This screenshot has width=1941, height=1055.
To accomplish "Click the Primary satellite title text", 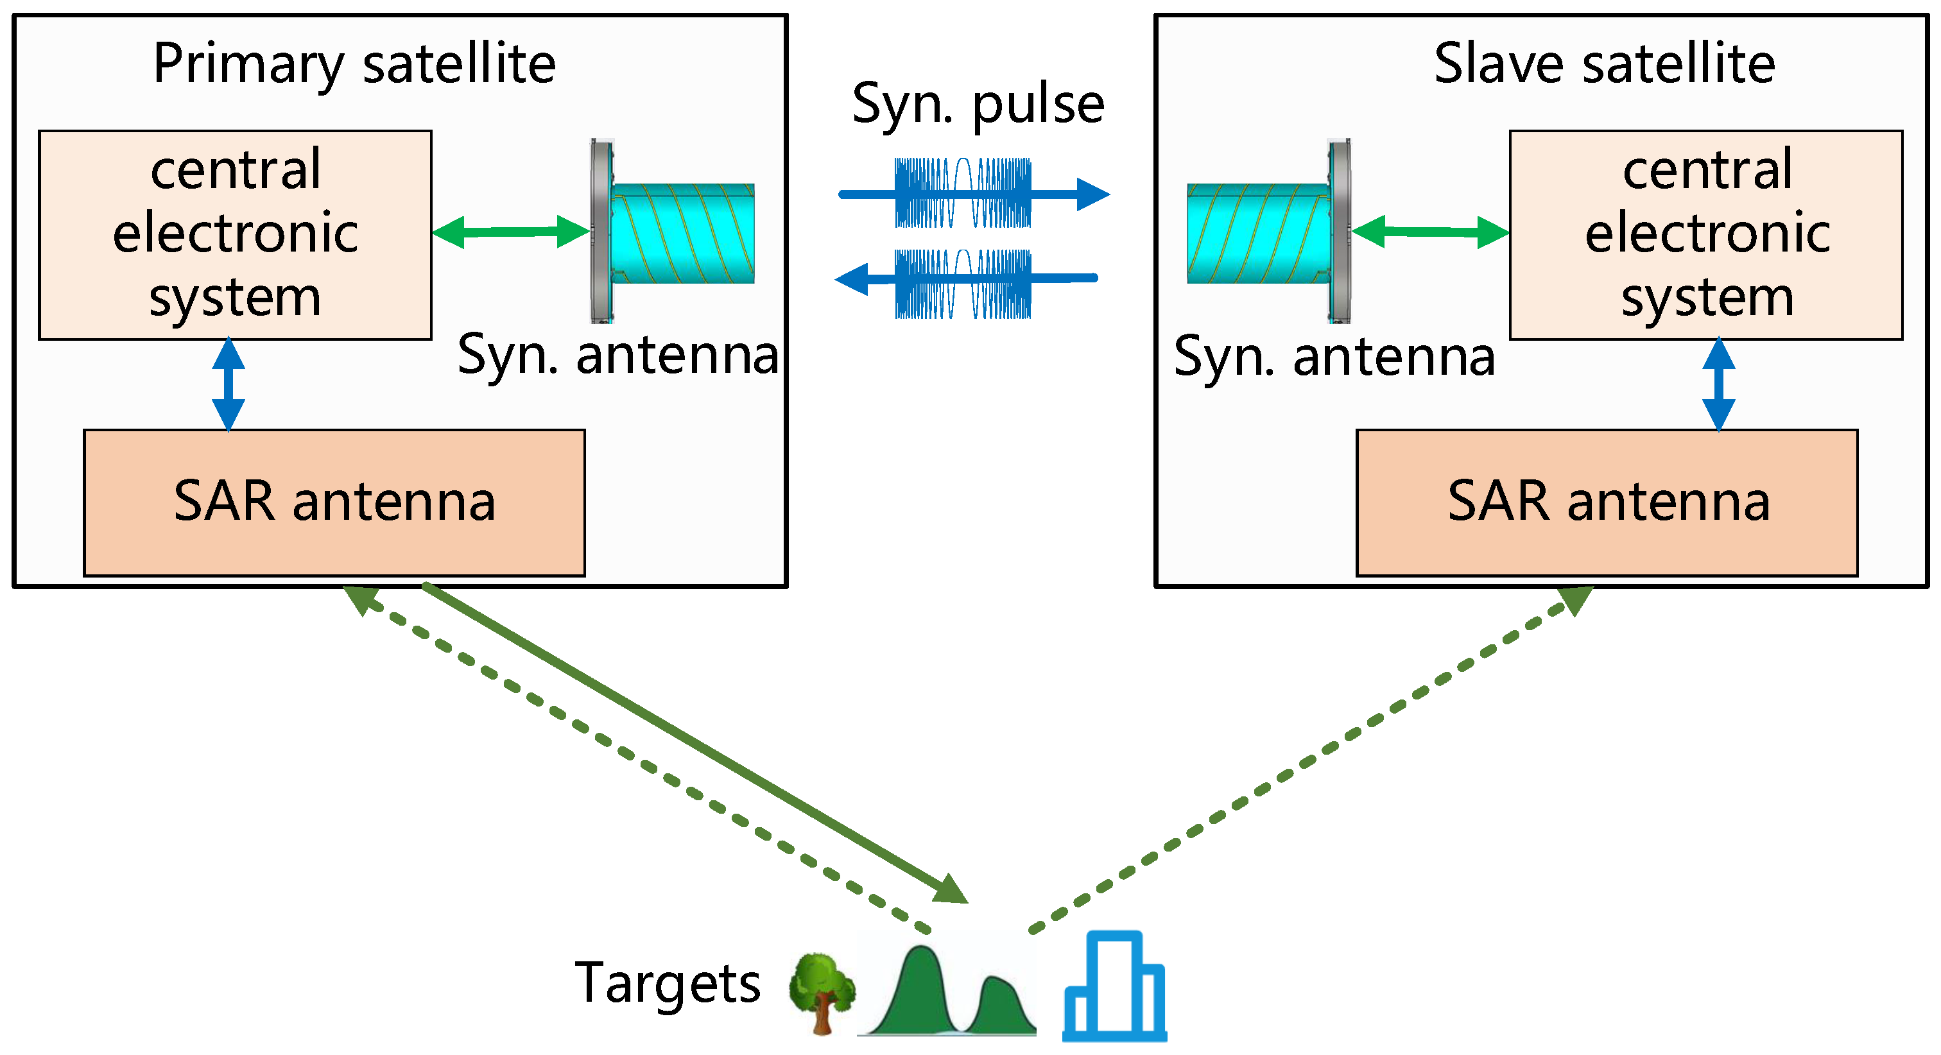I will point(354,64).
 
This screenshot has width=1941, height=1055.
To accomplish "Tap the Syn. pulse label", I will point(978,104).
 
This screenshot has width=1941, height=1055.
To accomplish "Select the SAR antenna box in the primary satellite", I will point(334,502).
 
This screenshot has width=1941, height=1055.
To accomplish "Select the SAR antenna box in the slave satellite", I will point(1607,502).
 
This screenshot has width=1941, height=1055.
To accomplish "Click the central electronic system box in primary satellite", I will point(235,234).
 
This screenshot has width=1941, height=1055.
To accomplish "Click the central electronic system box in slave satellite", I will point(1706,234).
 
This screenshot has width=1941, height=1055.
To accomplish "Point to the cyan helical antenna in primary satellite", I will point(682,234).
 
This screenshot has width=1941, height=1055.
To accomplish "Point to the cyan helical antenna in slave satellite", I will point(1258,234).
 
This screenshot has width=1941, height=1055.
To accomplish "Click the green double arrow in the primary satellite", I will point(511,232).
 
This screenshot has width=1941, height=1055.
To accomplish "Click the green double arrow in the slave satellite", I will point(1430,232).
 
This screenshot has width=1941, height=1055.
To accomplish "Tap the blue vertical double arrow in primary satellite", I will point(229,384).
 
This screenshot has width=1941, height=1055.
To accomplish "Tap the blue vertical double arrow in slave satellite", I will point(1719,384).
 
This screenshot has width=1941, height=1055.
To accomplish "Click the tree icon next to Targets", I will point(822,993).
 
